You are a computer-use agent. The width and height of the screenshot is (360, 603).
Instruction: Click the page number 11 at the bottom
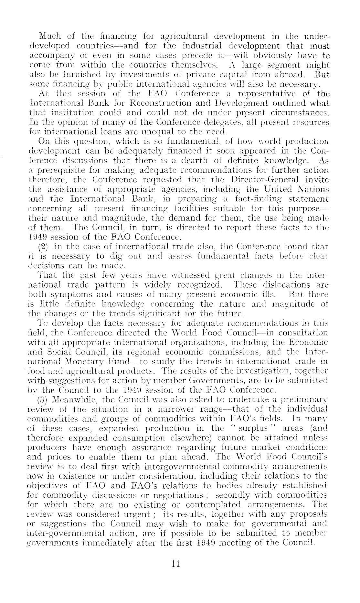tap(175, 564)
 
